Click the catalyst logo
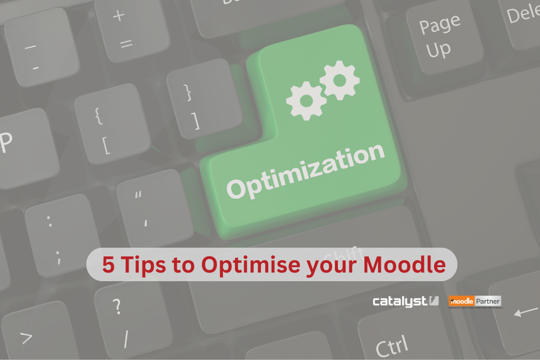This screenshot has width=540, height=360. coord(406,301)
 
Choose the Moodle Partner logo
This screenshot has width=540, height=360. coord(475,302)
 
